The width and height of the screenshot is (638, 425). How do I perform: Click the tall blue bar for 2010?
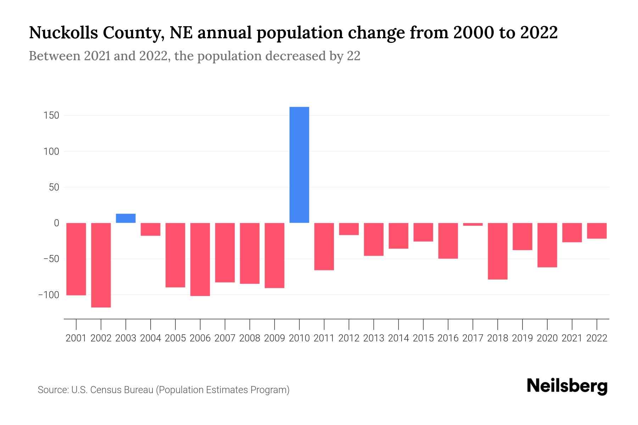click(299, 165)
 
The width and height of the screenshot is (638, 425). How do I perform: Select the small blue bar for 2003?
click(126, 218)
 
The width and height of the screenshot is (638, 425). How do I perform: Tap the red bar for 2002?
click(101, 265)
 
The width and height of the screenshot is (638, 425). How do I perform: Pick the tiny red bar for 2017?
click(473, 224)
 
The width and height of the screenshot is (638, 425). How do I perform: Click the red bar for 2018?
click(498, 251)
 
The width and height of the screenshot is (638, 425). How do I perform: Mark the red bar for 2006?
click(200, 259)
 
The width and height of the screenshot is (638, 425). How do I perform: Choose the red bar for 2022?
click(597, 231)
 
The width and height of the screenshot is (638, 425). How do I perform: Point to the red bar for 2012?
click(349, 229)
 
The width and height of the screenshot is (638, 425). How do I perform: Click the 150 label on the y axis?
click(51, 115)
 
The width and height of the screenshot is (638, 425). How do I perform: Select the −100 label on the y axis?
click(48, 295)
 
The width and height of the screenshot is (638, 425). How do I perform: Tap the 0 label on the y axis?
click(56, 223)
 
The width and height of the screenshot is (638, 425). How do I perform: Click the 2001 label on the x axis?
click(76, 338)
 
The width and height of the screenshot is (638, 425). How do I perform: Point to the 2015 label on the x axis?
click(423, 338)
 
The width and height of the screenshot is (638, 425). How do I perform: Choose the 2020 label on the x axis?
click(547, 338)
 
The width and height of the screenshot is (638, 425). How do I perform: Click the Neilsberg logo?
click(567, 386)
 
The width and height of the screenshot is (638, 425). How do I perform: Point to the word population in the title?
click(301, 33)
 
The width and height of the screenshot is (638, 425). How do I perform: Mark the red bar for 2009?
click(275, 255)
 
